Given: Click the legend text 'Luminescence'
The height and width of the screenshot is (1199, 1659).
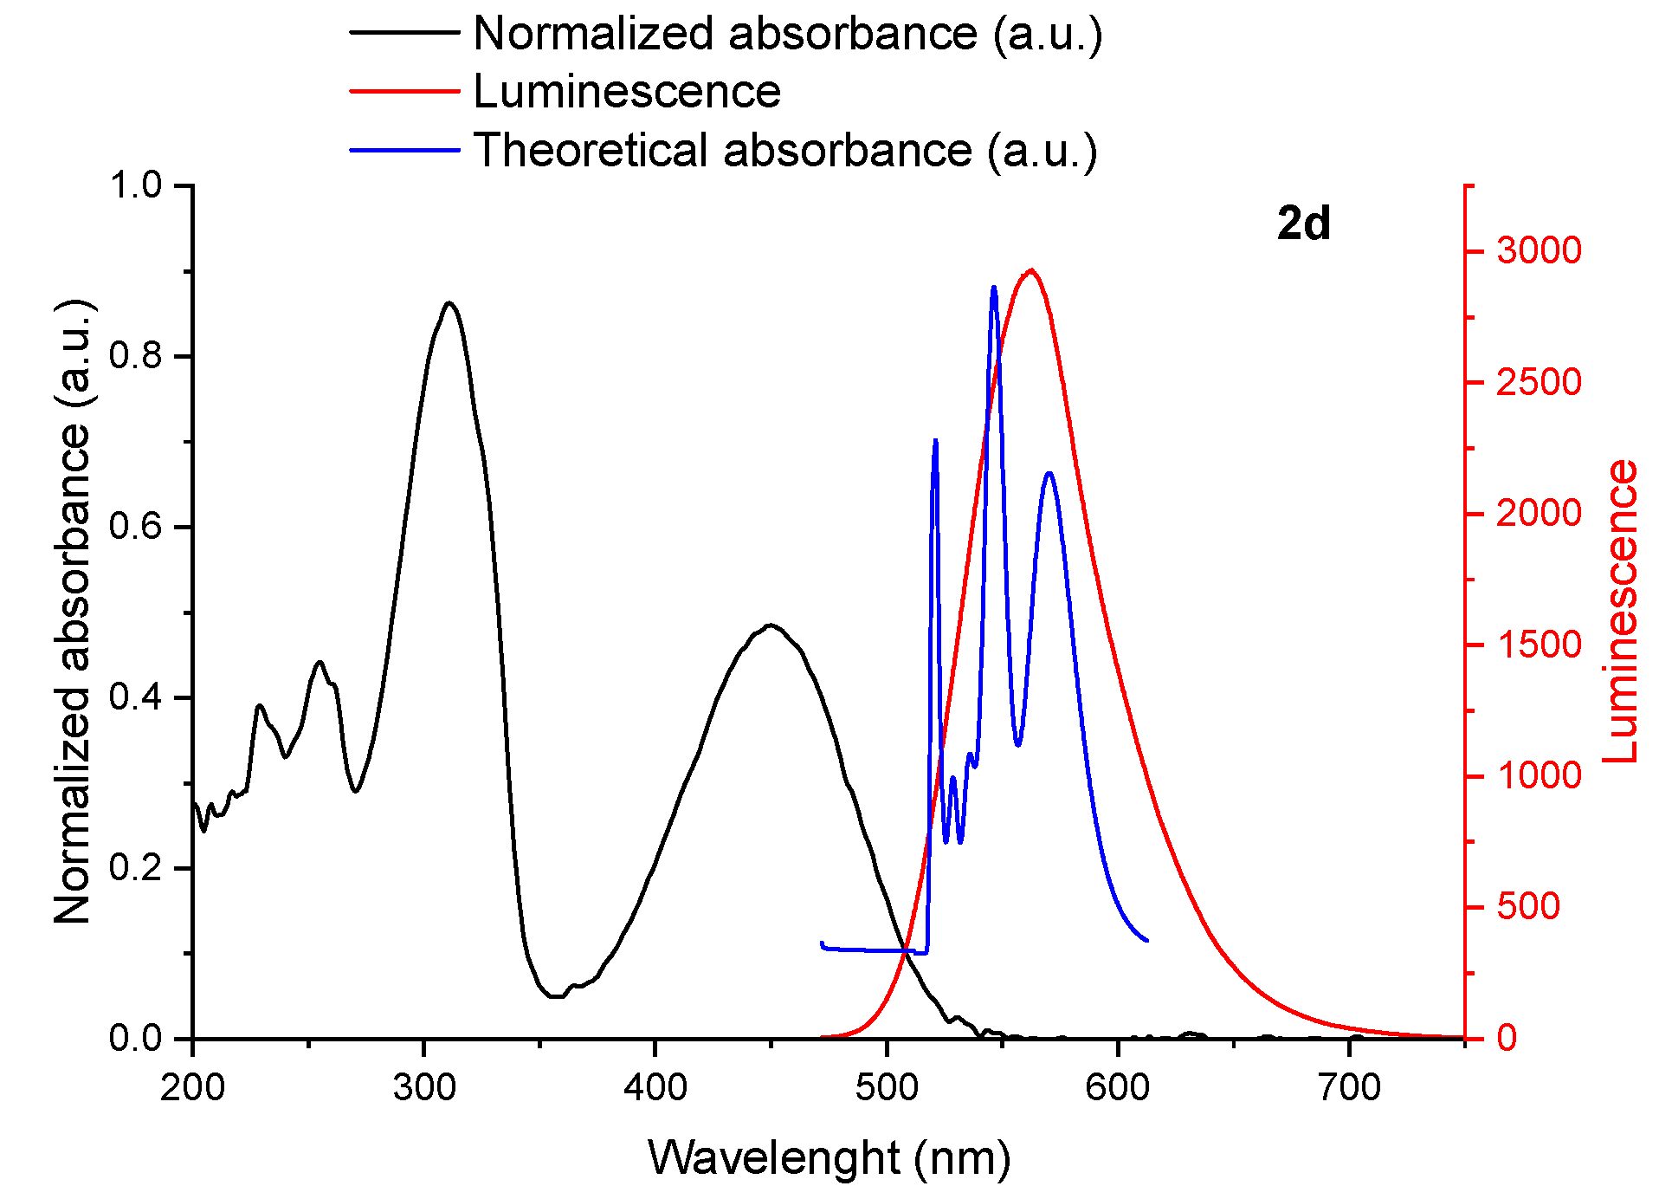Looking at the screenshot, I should point(626,92).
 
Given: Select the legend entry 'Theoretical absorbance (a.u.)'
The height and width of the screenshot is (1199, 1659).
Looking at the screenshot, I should point(784,151).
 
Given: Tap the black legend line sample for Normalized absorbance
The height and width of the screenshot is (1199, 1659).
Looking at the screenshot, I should point(404,33).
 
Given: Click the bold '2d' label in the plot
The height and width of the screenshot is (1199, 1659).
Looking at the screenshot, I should point(1303,224).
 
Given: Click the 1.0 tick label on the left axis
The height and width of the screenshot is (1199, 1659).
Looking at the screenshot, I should point(136,185).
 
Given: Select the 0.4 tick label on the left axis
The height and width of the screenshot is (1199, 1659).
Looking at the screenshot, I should point(136,697).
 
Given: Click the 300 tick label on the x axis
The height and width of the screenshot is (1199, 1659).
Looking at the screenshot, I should point(423,1087).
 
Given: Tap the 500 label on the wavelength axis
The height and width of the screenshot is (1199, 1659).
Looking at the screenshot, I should point(887,1087).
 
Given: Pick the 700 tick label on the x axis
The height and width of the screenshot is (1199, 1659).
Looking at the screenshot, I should point(1349,1087).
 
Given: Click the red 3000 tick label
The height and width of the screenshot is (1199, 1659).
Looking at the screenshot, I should point(1539,251).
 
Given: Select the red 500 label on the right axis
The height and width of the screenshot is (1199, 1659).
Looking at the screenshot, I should point(1528,907).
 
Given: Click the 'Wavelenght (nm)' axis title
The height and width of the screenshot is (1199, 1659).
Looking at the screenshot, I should point(829,1158).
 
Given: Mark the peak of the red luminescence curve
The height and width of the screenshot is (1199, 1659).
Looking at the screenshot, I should point(1030,270).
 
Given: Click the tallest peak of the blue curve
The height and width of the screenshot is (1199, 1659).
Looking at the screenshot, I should point(993,287).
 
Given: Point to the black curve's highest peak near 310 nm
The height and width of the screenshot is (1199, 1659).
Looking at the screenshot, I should point(449,303).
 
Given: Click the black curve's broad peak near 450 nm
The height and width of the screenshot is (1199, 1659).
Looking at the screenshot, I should point(770,625).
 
